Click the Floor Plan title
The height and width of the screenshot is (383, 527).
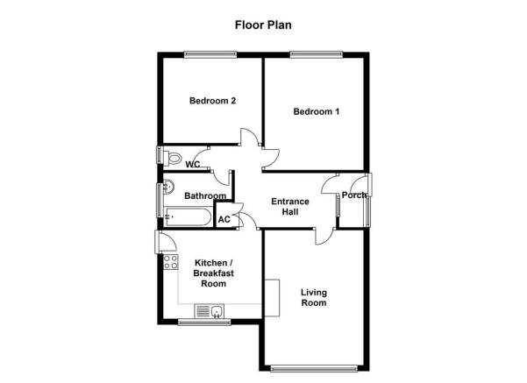(x=263, y=25)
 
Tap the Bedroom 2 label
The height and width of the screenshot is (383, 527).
(x=212, y=101)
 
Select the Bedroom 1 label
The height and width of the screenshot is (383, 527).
(x=317, y=111)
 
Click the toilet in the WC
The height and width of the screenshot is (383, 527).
(x=172, y=158)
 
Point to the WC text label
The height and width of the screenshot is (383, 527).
(x=193, y=164)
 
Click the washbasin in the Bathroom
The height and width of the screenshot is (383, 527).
(x=168, y=187)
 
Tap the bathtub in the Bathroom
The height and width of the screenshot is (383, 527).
(x=189, y=217)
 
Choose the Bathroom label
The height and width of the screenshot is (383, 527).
(x=205, y=195)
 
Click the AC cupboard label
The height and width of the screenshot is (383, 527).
(x=224, y=219)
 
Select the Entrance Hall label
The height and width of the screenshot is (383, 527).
(x=290, y=206)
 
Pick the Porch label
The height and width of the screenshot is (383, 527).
(x=353, y=195)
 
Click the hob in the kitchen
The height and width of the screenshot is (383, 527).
(x=170, y=262)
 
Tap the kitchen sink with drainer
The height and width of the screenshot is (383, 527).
(x=209, y=311)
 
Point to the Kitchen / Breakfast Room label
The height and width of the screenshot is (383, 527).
(x=213, y=273)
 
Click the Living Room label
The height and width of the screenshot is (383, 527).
(x=314, y=297)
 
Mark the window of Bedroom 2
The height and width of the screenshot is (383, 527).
(x=210, y=54)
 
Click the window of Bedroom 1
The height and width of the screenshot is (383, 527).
(x=317, y=54)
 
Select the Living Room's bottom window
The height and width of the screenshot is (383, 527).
(x=314, y=369)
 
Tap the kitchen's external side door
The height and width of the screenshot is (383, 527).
(x=165, y=242)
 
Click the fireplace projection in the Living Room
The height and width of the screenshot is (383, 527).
(x=272, y=298)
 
